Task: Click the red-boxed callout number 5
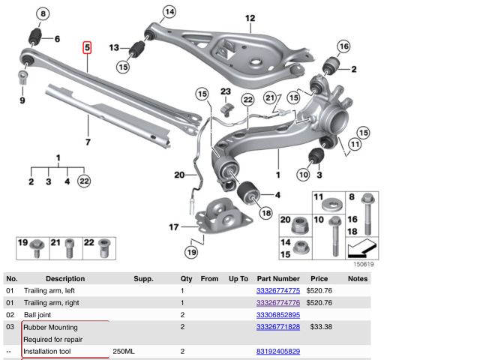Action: click(x=87, y=48)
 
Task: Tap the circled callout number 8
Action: click(x=42, y=14)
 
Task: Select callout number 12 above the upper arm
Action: click(x=250, y=18)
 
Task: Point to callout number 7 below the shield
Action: click(x=87, y=142)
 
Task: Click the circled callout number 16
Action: click(x=343, y=46)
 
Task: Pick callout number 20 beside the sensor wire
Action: click(x=178, y=175)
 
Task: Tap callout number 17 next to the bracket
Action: click(x=173, y=226)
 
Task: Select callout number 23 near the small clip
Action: click(x=225, y=92)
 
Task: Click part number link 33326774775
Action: click(x=277, y=290)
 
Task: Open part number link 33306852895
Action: click(x=277, y=315)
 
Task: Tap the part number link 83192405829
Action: click(x=277, y=351)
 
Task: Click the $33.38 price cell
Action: click(x=320, y=327)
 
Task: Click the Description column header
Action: click(x=65, y=278)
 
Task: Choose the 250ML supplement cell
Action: click(x=124, y=351)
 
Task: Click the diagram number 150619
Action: click(x=364, y=264)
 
